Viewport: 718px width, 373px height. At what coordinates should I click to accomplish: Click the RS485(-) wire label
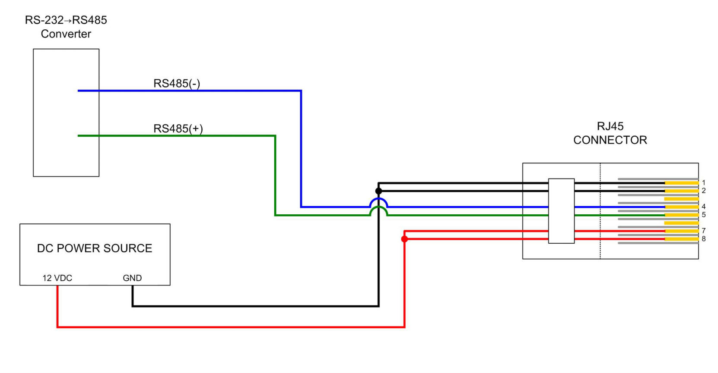point(177,84)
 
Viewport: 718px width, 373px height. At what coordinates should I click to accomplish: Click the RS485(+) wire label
point(178,129)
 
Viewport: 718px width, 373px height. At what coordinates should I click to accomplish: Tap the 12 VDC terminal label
point(57,278)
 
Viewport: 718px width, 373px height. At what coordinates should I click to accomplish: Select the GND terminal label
point(132,278)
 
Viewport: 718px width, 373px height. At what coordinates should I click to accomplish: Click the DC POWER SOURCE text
point(95,248)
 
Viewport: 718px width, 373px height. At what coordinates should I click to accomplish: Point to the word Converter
point(66,34)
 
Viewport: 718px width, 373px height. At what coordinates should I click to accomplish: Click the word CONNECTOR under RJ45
point(610,140)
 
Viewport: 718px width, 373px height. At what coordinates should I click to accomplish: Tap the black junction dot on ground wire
point(378,191)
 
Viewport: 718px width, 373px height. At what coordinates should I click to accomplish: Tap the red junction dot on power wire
point(404,239)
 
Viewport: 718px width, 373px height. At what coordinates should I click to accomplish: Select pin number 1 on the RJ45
point(704,183)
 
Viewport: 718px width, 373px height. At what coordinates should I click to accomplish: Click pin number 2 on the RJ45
point(704,191)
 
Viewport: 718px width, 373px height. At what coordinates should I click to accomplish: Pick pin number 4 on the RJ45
point(704,207)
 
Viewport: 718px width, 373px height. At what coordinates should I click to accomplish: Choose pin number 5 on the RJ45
point(704,215)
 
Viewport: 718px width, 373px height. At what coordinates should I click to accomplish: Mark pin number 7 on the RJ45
point(704,231)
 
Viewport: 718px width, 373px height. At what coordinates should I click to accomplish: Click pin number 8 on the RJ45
point(704,238)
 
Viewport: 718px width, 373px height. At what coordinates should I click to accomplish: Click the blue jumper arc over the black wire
point(378,199)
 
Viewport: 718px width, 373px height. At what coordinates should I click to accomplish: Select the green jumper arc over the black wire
point(378,207)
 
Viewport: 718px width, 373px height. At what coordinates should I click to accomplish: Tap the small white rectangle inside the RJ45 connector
point(561,211)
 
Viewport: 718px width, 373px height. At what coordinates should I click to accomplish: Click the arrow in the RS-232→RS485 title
point(68,21)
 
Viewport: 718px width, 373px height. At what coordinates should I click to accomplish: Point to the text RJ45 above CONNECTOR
point(610,126)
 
